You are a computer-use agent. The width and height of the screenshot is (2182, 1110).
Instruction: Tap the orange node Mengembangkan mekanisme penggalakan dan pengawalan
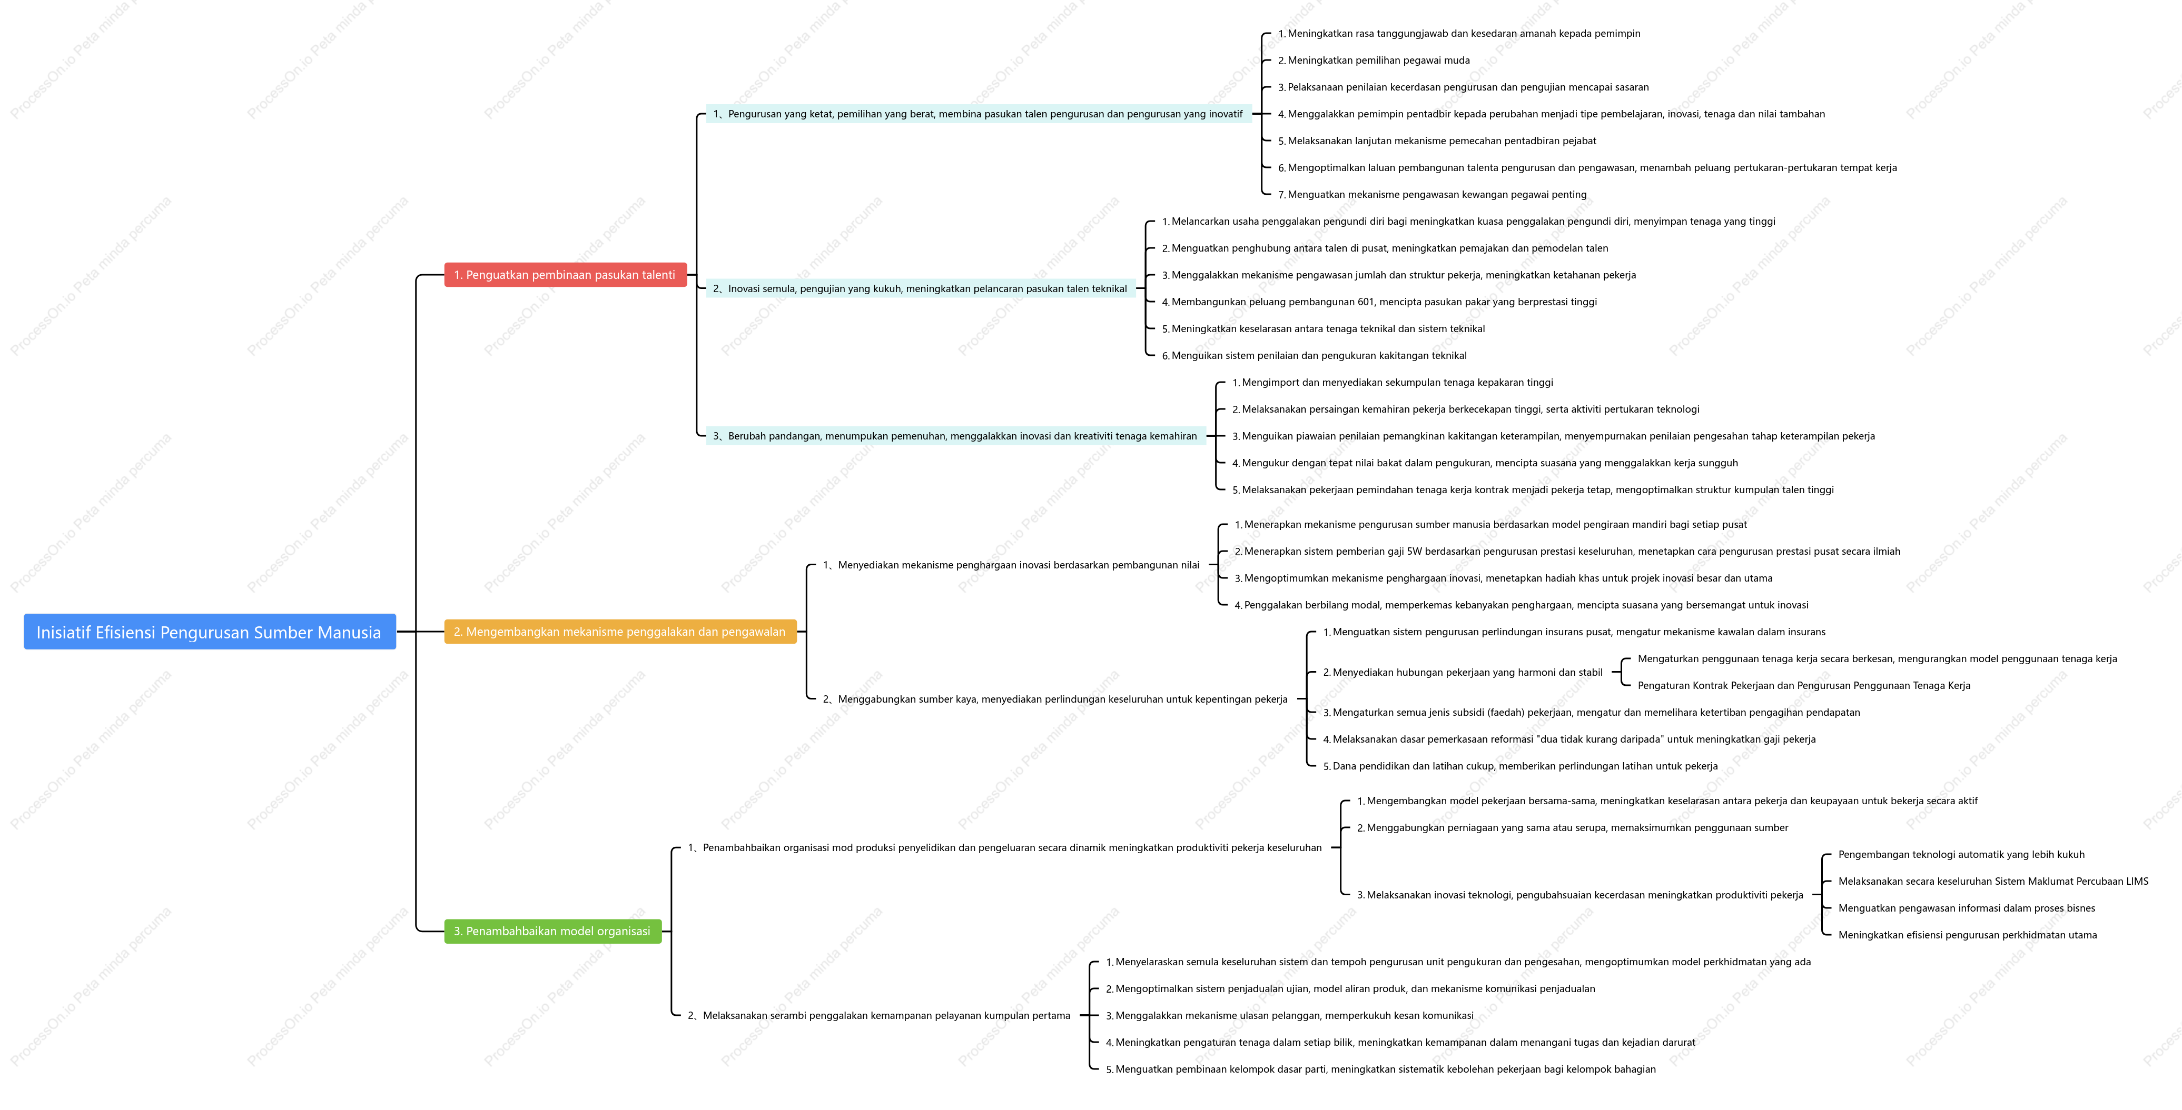tap(620, 632)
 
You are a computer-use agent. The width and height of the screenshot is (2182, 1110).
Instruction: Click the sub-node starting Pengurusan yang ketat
tap(978, 114)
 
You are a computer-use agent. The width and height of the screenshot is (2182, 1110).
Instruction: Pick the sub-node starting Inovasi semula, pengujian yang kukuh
tap(920, 289)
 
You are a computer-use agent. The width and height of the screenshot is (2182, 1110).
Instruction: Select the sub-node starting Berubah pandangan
tap(955, 436)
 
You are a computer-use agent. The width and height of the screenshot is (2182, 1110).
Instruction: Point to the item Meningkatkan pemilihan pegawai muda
tap(1374, 60)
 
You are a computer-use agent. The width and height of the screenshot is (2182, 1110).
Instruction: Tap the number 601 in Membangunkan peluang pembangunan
tap(1366, 302)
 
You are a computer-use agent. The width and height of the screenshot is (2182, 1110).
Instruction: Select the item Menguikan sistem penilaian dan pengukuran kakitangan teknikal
tap(1314, 356)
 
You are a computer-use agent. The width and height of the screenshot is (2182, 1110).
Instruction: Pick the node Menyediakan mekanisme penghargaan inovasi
tap(1011, 565)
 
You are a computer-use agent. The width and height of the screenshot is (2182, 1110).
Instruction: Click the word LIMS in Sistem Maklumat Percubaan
tap(2137, 882)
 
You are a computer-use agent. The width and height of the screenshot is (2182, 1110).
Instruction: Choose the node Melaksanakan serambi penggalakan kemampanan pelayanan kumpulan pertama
tap(879, 1015)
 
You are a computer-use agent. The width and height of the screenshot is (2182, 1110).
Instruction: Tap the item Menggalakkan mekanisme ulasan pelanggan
tap(1289, 1015)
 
